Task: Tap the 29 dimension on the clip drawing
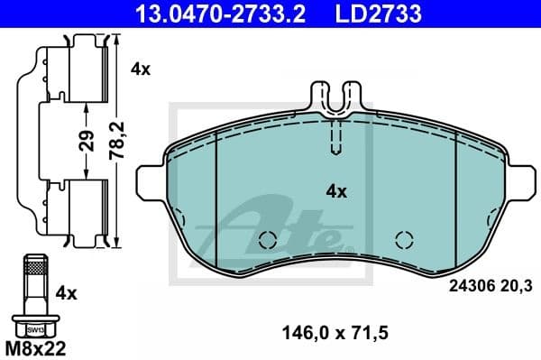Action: pyautogui.click(x=85, y=141)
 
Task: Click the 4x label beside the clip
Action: pyautogui.click(x=140, y=68)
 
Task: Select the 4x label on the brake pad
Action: pyautogui.click(x=335, y=191)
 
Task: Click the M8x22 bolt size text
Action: pyautogui.click(x=37, y=346)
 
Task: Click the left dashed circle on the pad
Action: pyautogui.click(x=266, y=240)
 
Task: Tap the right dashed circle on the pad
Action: pyautogui.click(x=404, y=240)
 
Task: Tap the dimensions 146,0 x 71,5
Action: pyautogui.click(x=336, y=333)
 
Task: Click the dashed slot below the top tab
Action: pyautogui.click(x=335, y=137)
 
